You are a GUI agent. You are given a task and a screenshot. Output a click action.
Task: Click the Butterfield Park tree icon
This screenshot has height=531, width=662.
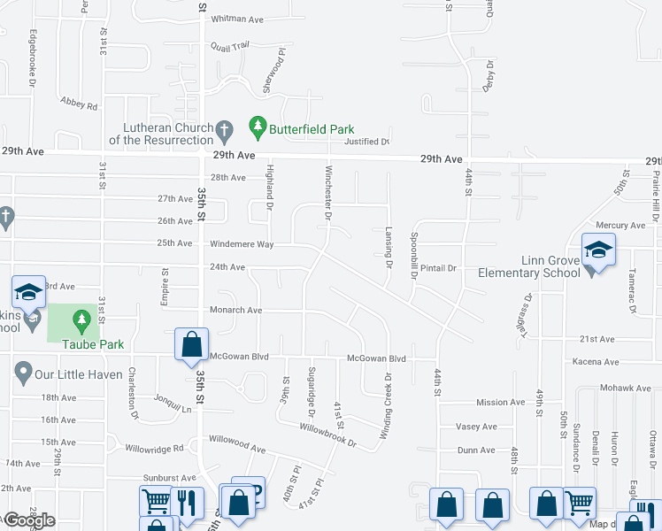[258, 129]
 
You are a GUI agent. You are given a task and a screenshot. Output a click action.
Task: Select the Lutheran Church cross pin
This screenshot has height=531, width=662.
[225, 132]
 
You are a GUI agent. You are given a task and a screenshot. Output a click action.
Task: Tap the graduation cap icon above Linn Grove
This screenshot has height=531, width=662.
[598, 250]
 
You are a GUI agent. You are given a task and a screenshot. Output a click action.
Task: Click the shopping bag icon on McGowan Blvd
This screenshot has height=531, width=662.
[191, 346]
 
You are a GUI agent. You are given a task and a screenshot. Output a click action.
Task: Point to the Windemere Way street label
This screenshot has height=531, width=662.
[242, 243]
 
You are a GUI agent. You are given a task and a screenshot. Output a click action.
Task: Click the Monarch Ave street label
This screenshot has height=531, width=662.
[235, 311]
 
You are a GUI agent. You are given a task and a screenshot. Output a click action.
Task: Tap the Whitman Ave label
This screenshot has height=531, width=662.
[238, 19]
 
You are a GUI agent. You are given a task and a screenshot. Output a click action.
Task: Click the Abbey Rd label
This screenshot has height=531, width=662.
[79, 104]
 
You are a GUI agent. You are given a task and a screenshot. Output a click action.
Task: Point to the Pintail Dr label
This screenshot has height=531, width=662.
[437, 267]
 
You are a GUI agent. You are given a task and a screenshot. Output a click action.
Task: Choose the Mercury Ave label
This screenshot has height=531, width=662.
[620, 226]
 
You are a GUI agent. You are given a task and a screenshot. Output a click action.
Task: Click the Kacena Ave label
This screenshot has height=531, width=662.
[596, 362]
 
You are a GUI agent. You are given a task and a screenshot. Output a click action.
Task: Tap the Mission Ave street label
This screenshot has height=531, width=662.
[500, 403]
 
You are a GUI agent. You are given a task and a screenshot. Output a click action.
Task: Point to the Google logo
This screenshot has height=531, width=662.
[29, 520]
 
